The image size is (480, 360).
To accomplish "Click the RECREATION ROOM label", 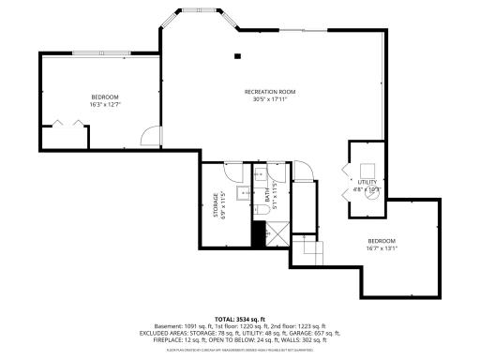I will click(x=270, y=91).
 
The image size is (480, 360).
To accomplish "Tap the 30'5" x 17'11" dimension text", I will click(x=270, y=99).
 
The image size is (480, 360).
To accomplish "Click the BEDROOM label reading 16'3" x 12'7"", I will click(x=105, y=97).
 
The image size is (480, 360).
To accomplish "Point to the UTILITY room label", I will click(x=366, y=182).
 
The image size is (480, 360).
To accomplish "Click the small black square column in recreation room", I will click(x=237, y=55).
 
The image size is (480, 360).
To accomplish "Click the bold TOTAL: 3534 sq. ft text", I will click(x=240, y=319).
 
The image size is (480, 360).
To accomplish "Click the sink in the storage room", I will click(x=240, y=194).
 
